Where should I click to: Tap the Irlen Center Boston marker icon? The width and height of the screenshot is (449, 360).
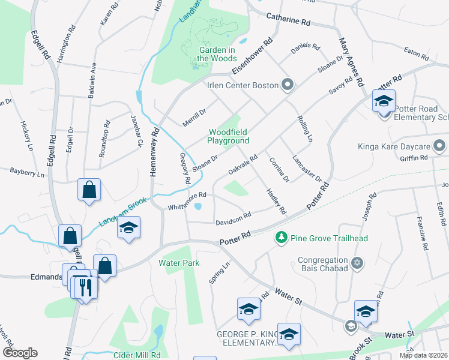pyautogui.click(x=288, y=85)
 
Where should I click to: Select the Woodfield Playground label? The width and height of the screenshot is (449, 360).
pyautogui.click(x=228, y=136)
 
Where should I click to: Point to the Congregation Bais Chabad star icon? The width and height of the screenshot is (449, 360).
pyautogui.click(x=357, y=263)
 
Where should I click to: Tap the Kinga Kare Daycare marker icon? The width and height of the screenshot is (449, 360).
pyautogui.click(x=440, y=146)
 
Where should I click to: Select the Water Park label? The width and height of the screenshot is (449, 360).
pyautogui.click(x=178, y=262)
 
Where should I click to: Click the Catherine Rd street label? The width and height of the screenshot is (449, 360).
pyautogui.click(x=288, y=20)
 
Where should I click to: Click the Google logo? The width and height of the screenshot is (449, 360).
pyautogui.click(x=19, y=353)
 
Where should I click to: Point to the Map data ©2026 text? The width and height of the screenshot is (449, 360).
pyautogui.click(x=423, y=355)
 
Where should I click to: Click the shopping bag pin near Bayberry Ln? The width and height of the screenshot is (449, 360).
pyautogui.click(x=89, y=190)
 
